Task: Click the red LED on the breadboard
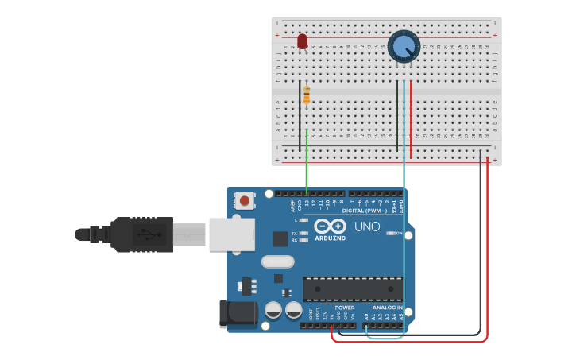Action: tap(302, 41)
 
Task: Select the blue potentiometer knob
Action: tap(404, 45)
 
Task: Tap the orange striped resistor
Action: tap(307, 95)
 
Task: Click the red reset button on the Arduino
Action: tap(245, 200)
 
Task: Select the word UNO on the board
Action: tap(367, 226)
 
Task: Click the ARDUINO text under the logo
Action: tap(331, 238)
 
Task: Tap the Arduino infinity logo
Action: tap(330, 226)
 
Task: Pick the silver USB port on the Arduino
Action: tap(231, 234)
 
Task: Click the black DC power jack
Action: tap(238, 312)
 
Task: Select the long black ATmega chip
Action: tap(352, 288)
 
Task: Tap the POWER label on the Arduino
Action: tap(345, 308)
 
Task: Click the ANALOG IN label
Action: tap(388, 308)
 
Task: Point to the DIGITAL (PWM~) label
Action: tap(365, 211)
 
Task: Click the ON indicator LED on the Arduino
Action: tap(390, 234)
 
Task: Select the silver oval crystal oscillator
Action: tap(277, 261)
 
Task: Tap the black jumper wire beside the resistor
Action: tap(300, 115)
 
